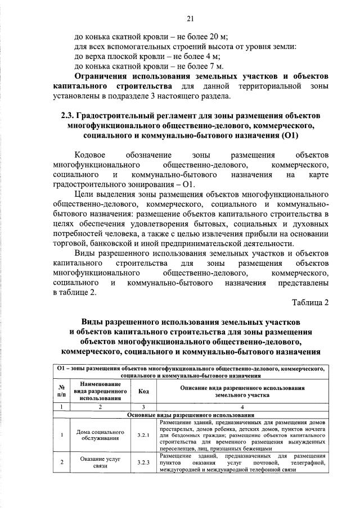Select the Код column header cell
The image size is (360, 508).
tap(143, 392)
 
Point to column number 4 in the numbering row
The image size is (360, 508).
tap(243, 407)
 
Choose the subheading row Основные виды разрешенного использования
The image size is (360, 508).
tap(191, 415)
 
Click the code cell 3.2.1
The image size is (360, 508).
tap(143, 435)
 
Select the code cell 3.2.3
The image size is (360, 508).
tap(143, 463)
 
